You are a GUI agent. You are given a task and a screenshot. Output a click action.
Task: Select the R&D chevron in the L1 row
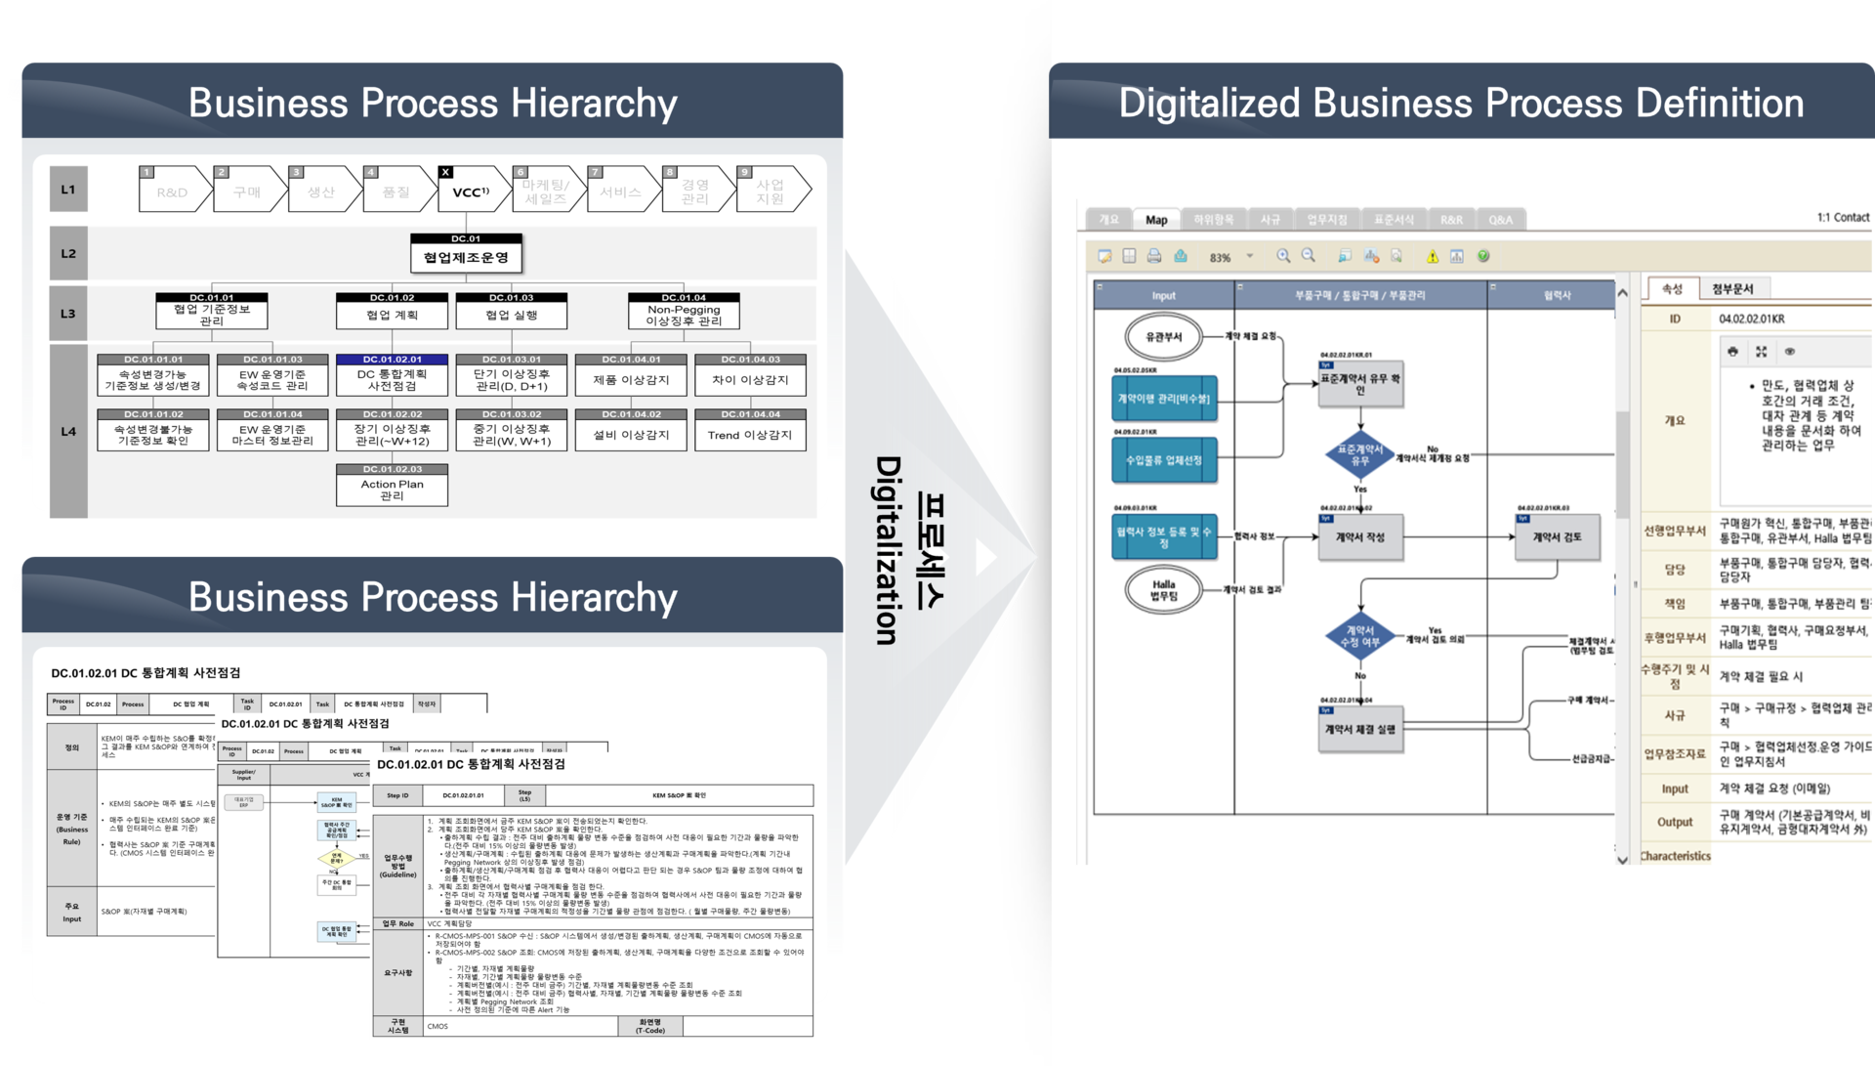tap(173, 192)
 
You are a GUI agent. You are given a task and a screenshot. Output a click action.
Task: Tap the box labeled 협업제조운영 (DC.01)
tap(466, 257)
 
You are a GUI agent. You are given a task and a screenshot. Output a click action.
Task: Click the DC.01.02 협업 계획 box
tap(392, 314)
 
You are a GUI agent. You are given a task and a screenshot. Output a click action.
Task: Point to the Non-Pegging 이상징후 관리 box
tap(684, 314)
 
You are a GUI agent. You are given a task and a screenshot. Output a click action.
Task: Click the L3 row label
tap(68, 314)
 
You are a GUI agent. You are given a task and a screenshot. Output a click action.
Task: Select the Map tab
tap(1156, 220)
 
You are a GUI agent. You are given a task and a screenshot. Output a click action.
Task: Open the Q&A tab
tap(1500, 220)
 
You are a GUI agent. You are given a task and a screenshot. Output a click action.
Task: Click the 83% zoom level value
tap(1220, 258)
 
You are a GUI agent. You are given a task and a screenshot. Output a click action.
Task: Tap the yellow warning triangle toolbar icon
tap(1432, 257)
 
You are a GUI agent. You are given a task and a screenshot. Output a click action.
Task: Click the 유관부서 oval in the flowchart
tap(1164, 337)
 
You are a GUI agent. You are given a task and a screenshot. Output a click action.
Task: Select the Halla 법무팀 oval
tap(1164, 590)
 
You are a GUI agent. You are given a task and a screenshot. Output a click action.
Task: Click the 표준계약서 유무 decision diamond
tap(1360, 454)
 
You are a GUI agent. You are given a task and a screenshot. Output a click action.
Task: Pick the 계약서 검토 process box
tap(1557, 537)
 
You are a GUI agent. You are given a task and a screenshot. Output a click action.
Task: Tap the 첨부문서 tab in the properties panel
tap(1732, 289)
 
